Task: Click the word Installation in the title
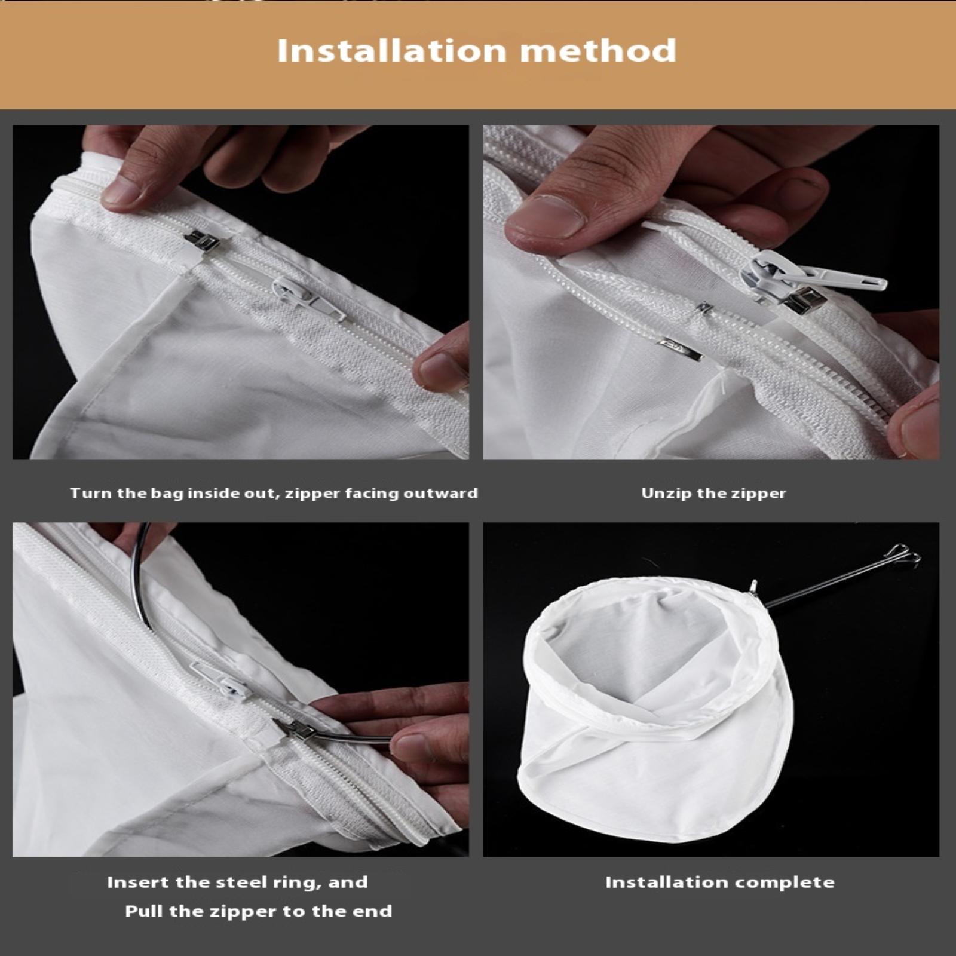pos(392,51)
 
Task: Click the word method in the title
pos(598,51)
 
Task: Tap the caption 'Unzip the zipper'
pos(713,494)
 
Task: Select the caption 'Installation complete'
pos(720,883)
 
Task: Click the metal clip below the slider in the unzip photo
pos(681,350)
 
